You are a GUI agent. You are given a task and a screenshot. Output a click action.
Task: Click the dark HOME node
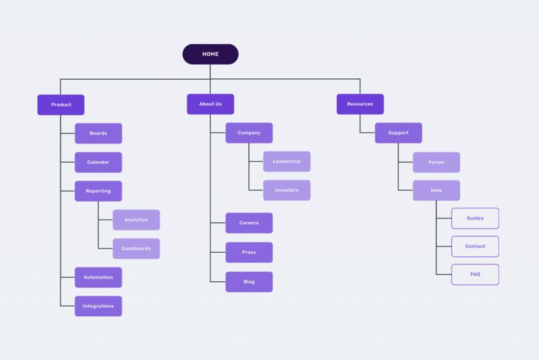[210, 54]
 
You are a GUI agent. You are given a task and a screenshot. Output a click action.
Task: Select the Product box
[61, 104]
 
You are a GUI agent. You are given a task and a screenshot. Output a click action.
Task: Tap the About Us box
[210, 104]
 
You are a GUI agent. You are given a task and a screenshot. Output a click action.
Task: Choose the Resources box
[360, 104]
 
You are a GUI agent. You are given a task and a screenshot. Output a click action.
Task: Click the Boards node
[98, 133]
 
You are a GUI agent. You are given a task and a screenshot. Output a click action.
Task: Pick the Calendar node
[98, 162]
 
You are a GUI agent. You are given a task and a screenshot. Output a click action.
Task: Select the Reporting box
[98, 191]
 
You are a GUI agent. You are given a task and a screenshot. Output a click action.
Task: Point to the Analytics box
[136, 220]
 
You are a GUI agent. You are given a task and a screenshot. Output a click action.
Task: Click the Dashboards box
[136, 249]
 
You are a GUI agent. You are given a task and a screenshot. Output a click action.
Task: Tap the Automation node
[98, 277]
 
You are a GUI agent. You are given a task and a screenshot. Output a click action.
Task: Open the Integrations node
[98, 306]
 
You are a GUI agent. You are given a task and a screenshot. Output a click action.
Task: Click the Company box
[249, 133]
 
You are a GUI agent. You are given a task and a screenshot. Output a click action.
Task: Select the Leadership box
[287, 161]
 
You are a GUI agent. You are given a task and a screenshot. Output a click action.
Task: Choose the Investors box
[287, 190]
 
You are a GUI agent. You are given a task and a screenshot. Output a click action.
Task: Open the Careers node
[249, 222]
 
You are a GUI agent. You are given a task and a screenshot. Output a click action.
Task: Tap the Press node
[249, 252]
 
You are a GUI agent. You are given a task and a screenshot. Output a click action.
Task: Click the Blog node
[249, 282]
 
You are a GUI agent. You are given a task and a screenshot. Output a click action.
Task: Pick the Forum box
[437, 162]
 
